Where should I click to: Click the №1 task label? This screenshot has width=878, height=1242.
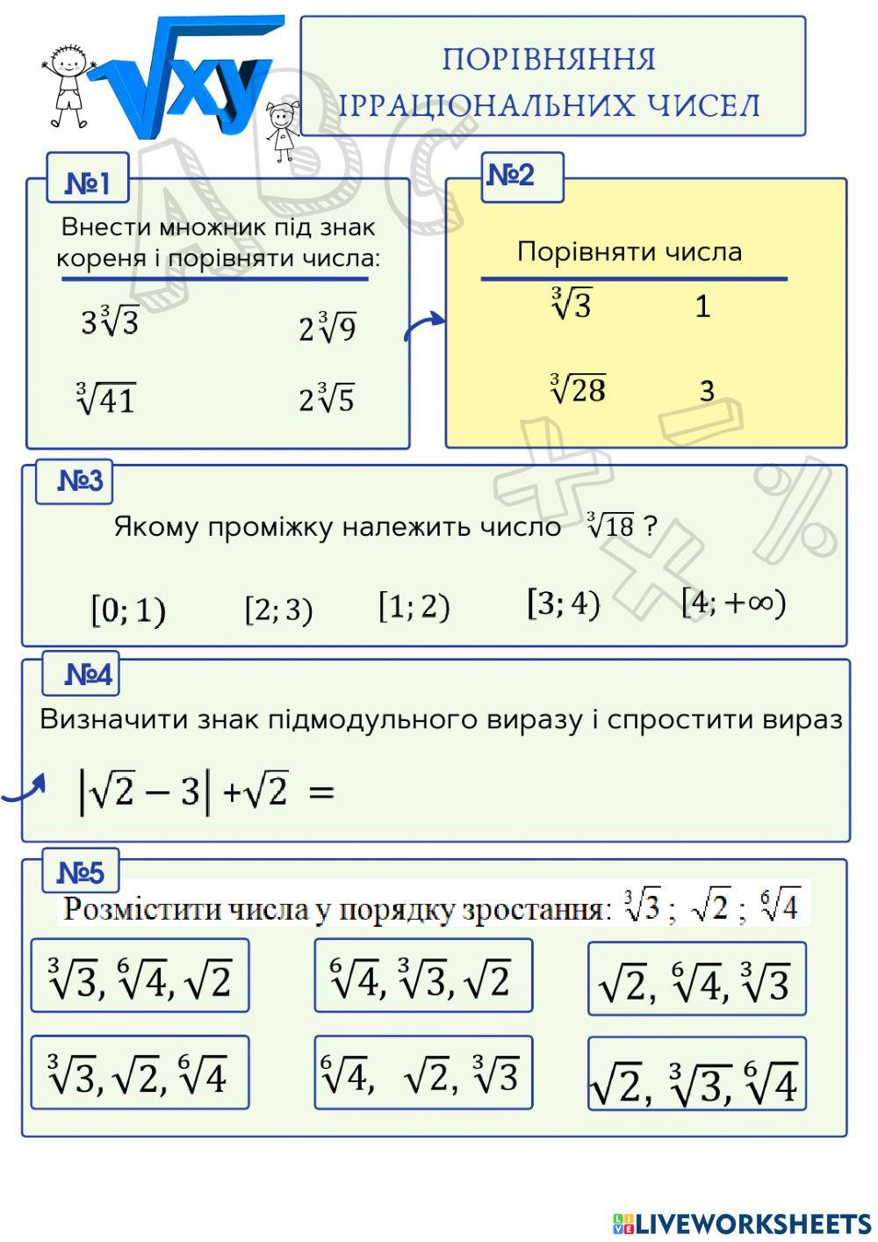tap(88, 184)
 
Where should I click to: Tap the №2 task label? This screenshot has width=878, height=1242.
tap(511, 176)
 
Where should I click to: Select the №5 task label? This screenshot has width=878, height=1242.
tap(80, 872)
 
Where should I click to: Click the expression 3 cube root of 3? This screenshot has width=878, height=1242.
tap(110, 321)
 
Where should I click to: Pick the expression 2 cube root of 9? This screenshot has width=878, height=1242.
tap(327, 327)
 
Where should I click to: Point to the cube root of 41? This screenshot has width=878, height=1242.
tap(105, 399)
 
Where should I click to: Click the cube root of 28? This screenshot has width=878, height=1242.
tap(578, 388)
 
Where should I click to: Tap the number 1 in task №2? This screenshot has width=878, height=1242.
tap(702, 307)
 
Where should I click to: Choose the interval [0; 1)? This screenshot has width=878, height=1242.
tap(128, 610)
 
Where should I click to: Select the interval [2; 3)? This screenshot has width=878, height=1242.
tap(278, 609)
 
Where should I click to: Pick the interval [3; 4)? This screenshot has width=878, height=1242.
tap(563, 603)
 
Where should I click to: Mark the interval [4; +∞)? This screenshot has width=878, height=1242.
tap(734, 602)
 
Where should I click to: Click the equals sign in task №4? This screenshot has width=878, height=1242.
tap(321, 792)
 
